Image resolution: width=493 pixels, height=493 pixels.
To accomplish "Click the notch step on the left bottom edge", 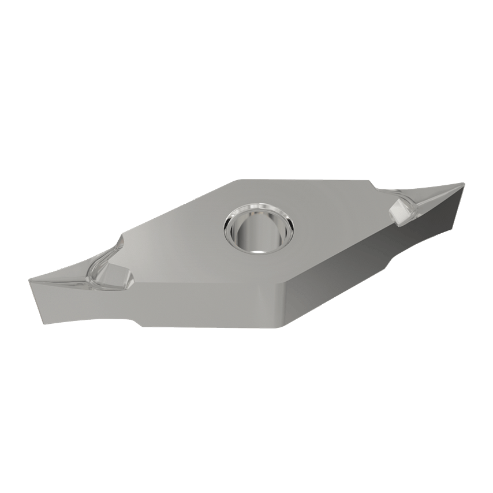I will coord(137,320).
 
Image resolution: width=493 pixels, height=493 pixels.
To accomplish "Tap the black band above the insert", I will coord(246,46).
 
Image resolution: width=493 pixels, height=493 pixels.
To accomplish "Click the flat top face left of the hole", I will coord(185,242).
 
